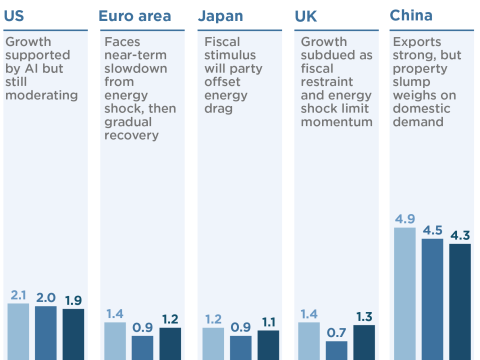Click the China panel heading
(x=411, y=16)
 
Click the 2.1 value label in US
(x=19, y=295)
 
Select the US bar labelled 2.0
(x=46, y=332)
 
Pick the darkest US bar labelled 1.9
(x=74, y=334)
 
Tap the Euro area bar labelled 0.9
(x=143, y=347)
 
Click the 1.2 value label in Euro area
(x=170, y=319)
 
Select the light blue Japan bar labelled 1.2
(x=214, y=343)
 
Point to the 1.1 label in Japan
(x=268, y=322)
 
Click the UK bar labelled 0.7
(x=337, y=350)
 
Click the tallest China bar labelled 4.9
(x=404, y=293)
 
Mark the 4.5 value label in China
(x=432, y=230)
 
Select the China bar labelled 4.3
(x=460, y=301)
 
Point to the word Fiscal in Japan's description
(x=222, y=43)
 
